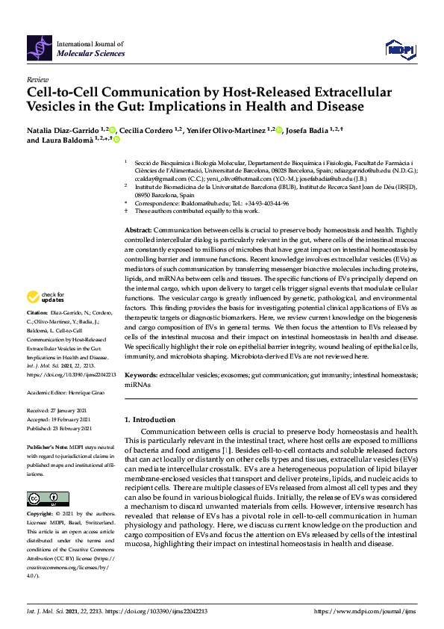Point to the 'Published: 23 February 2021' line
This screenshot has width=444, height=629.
point(59,428)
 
